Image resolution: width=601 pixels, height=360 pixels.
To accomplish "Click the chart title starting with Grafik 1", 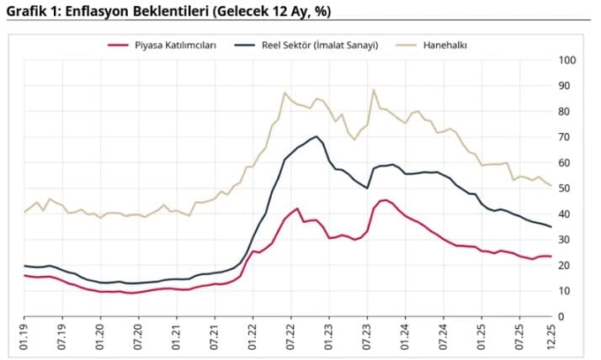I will tap(169, 11).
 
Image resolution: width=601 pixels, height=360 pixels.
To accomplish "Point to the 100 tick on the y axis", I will tap(566, 61).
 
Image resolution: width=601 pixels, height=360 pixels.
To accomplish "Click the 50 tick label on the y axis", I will tap(566, 188).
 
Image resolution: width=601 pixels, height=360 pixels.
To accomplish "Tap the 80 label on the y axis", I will tap(566, 112).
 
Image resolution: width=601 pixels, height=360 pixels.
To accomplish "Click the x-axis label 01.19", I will tap(24, 337).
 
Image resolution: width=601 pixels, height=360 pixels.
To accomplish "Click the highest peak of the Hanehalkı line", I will tap(373, 90).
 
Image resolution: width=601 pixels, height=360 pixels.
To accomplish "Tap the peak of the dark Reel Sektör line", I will tap(315, 136).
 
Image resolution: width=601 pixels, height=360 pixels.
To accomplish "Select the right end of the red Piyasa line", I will tap(550, 256).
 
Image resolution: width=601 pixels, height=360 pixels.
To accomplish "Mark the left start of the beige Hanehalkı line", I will tap(24, 212).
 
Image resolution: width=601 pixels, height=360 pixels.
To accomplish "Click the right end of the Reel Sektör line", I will tap(550, 227).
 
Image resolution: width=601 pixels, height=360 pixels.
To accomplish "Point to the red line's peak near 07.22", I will tap(297, 209).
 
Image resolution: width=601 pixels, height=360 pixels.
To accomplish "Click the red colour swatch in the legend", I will tap(119, 45).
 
